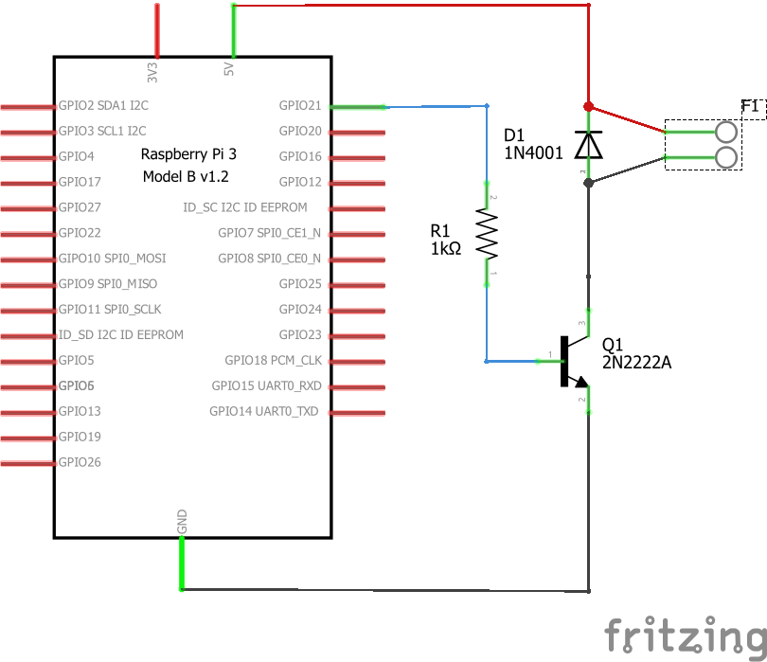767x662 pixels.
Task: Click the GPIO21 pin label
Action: (300, 106)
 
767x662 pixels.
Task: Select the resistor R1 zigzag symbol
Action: (487, 233)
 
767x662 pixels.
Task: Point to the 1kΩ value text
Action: (446, 248)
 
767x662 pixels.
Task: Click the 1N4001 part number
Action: (533, 153)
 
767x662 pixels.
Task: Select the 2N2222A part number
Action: (636, 363)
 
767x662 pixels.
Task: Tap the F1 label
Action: (750, 106)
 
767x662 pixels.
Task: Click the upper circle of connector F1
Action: (726, 132)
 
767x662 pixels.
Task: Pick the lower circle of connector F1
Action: (726, 157)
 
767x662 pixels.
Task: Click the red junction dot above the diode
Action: (588, 106)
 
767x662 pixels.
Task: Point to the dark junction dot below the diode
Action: (588, 183)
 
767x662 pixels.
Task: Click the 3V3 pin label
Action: (152, 72)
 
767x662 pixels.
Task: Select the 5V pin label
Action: (228, 69)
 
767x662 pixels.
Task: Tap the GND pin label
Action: (182, 522)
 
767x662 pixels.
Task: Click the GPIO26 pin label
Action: (80, 462)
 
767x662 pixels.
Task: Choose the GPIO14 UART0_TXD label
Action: (263, 411)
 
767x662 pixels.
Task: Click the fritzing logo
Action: (686, 635)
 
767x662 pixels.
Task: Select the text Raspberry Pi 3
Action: (188, 154)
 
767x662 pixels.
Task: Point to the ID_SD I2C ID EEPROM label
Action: (121, 334)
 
